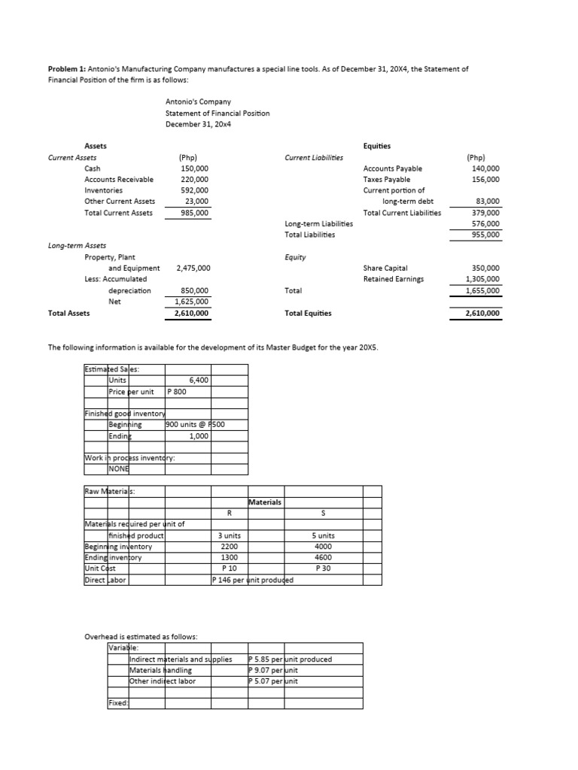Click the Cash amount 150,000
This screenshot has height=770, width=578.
pos(194,168)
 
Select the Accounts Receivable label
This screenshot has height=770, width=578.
pos(119,179)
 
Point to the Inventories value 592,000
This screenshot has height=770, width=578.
pos(194,190)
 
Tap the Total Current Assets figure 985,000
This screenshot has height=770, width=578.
pos(194,213)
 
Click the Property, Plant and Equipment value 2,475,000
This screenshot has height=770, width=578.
pos(193,268)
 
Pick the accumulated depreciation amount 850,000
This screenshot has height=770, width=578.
pos(194,290)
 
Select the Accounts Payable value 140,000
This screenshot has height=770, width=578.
pos(485,168)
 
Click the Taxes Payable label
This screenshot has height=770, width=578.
pos(386,179)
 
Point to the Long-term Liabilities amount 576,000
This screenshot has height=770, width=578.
pos(485,223)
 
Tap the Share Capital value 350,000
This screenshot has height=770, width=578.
pos(485,268)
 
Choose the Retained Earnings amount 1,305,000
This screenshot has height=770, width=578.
pos(483,279)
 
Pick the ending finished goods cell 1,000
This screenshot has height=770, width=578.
pos(198,435)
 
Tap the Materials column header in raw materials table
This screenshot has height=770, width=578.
pos(263,502)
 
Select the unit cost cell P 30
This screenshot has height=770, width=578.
pos(323,568)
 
